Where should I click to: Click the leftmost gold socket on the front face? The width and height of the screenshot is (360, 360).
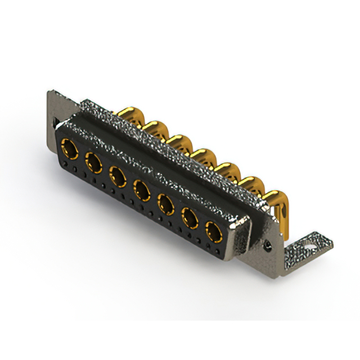[x=70, y=150]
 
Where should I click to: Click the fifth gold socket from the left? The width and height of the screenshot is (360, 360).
[x=165, y=202]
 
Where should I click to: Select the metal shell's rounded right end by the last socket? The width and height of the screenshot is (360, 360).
[x=241, y=236]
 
